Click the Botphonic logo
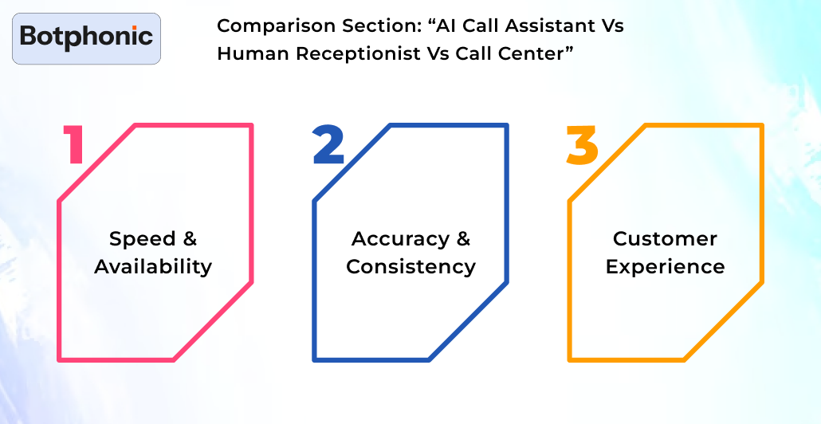86,37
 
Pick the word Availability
153,266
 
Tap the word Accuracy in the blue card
400,239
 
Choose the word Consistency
410,266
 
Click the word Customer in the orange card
665,239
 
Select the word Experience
665,266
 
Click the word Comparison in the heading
266,26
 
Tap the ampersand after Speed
189,239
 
